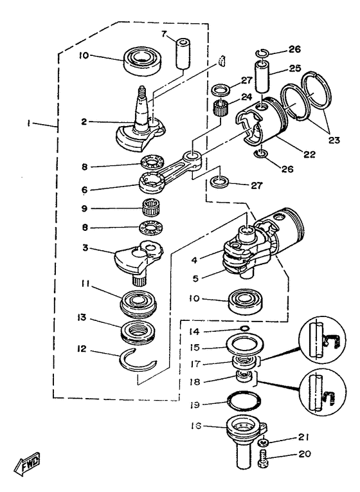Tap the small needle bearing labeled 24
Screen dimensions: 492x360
pyautogui.click(x=221, y=105)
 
